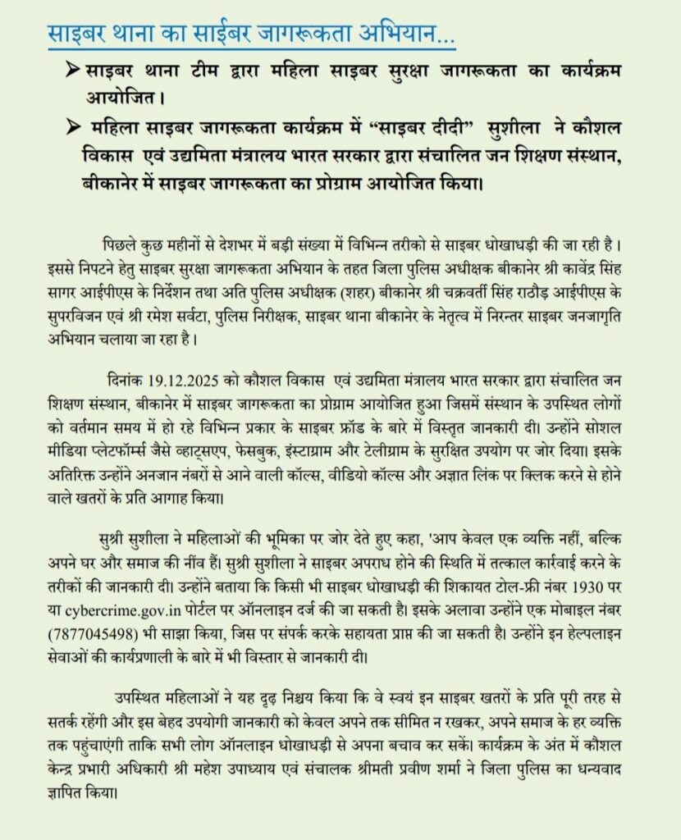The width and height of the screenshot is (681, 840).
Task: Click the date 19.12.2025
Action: (181, 381)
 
